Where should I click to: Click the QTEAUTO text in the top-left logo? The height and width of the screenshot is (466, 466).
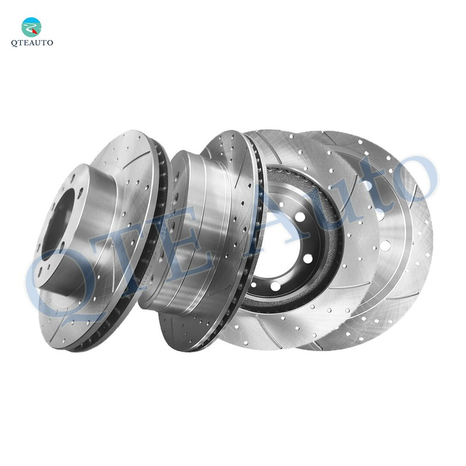(32, 43)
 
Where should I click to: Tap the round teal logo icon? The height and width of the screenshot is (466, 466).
(31, 27)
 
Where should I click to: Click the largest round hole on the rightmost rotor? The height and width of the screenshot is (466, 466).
(385, 245)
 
